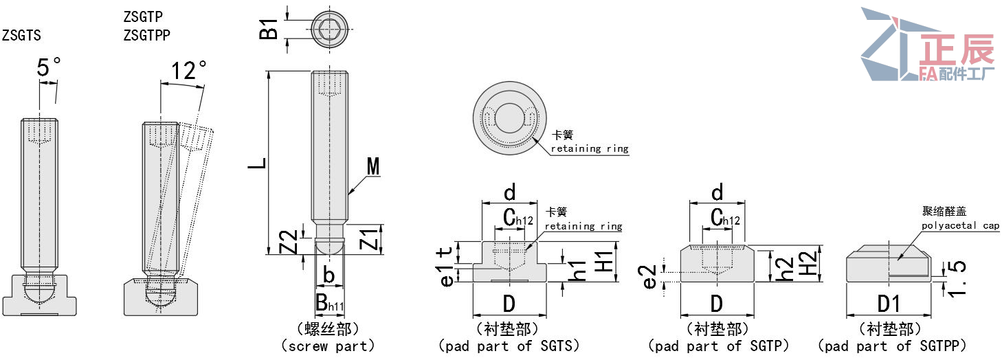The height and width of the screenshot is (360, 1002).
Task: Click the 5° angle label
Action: pyautogui.click(x=49, y=67)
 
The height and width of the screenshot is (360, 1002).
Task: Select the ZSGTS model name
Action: pyautogui.click(x=21, y=35)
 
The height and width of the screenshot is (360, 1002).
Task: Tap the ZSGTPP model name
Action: pyautogui.click(x=146, y=34)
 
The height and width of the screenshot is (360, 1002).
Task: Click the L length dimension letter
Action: pyautogui.click(x=256, y=164)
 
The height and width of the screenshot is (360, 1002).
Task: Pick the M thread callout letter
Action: pyautogui.click(x=373, y=166)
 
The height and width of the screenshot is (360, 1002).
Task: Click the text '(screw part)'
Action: pyautogui.click(x=328, y=346)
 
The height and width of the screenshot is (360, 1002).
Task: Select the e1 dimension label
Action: pyautogui.click(x=447, y=274)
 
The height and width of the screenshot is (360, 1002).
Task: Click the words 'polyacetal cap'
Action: pyautogui.click(x=961, y=225)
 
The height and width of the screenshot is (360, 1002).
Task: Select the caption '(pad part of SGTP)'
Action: pyautogui.click(x=718, y=346)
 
